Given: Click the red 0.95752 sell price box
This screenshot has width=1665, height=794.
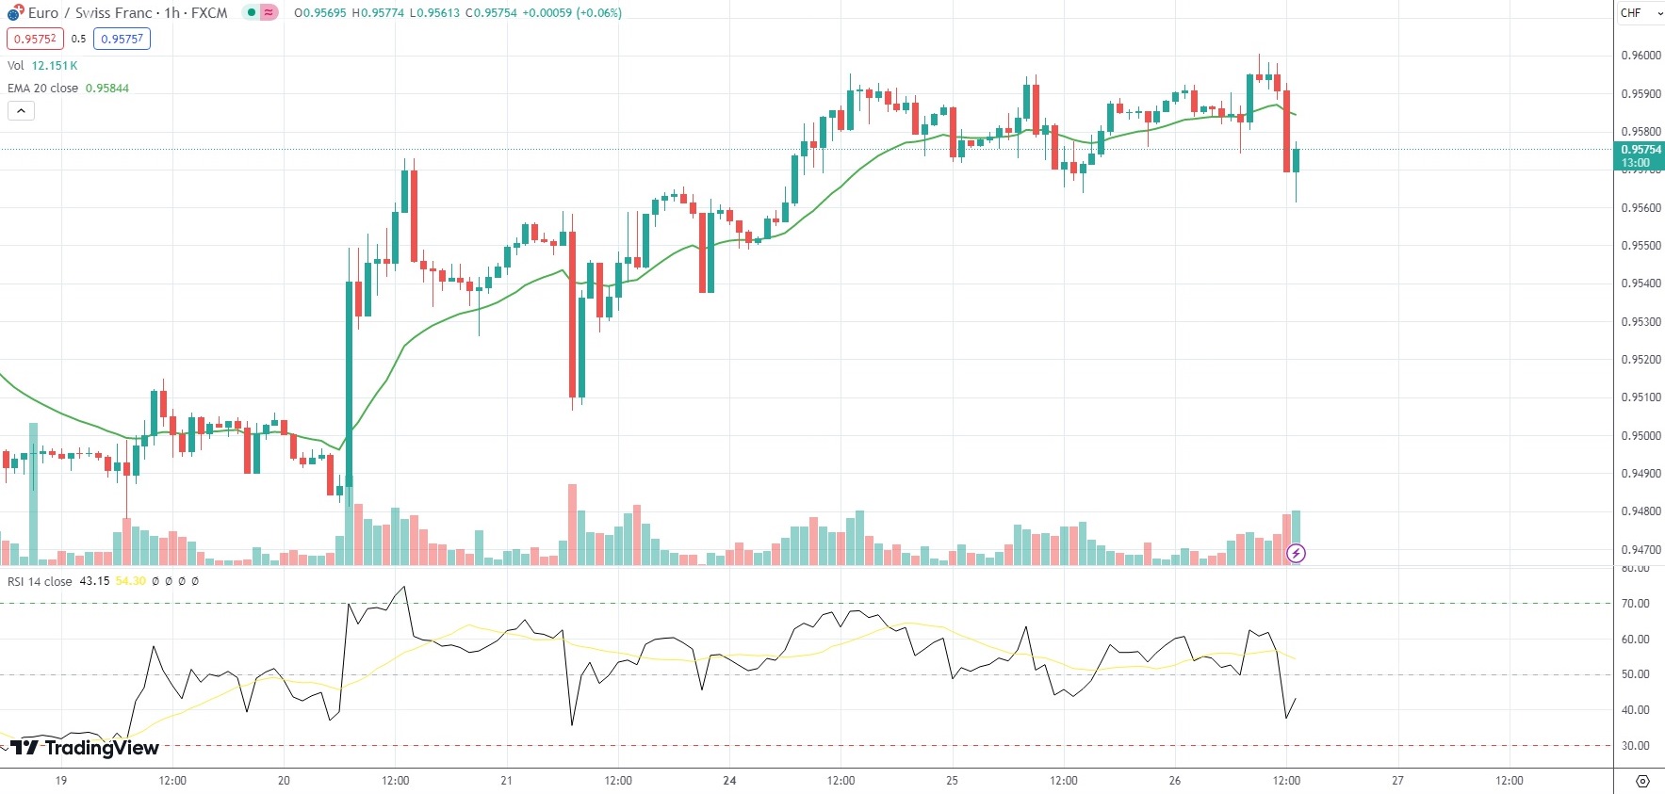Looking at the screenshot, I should point(35,39).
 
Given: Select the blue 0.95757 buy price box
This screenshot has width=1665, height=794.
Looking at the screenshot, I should point(122,39).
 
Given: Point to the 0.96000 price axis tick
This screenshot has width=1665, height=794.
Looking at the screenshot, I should point(1641,56).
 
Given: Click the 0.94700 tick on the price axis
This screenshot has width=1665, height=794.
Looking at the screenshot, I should point(1641,549).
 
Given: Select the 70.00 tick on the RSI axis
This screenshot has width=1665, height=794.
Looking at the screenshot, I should point(1635,604).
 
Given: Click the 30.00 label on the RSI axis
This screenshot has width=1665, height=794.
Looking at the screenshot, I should point(1635,746).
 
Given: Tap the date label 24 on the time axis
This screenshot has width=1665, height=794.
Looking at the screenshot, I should point(729,781).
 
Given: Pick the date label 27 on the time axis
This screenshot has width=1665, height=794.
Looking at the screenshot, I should point(1397,781).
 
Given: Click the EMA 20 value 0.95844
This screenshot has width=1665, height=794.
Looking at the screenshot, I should point(107,89).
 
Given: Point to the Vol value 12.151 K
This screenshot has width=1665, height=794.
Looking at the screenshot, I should point(55,66).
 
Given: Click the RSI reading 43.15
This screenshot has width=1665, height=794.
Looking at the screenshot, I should point(94,581).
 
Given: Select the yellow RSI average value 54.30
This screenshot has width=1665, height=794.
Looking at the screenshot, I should point(131,581).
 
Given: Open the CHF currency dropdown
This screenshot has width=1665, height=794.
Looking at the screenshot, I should point(1640,13).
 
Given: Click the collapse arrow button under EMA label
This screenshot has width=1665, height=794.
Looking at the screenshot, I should point(21,111).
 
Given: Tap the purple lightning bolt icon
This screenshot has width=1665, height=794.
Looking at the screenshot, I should point(1297,554).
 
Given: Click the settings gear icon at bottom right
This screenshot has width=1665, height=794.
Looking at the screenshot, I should point(1642,781).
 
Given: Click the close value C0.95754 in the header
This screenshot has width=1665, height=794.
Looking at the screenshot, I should point(491,13).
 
